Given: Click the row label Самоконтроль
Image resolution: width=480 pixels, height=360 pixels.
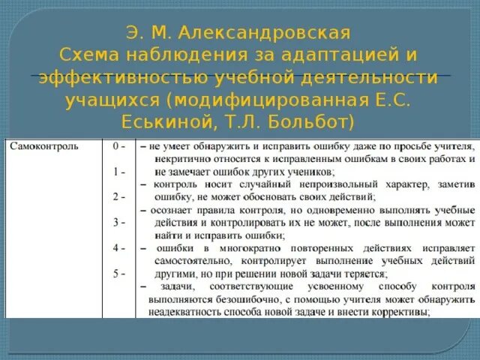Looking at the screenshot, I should (x=44, y=147).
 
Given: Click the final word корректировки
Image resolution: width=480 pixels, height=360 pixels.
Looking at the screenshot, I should (x=390, y=312).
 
